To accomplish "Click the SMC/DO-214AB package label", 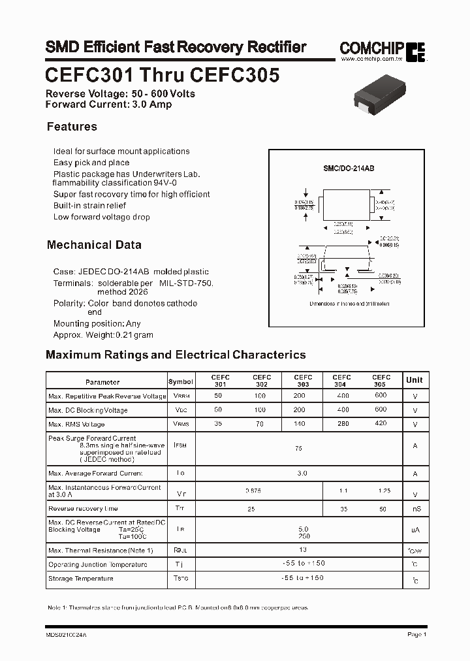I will (x=349, y=169).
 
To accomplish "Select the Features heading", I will (x=72, y=127).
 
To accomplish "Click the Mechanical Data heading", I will (x=94, y=245).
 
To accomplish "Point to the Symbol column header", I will (x=181, y=381).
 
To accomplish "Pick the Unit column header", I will (x=415, y=380).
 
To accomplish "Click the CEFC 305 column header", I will (x=381, y=381).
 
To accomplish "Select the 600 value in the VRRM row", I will (x=381, y=396).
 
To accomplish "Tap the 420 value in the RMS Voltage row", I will (x=381, y=425).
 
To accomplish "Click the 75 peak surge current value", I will (x=299, y=449).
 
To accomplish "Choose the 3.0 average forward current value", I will (x=302, y=474).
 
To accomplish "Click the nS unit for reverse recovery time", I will (x=415, y=509).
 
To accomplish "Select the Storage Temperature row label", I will (x=81, y=579).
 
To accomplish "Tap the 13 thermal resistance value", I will (x=302, y=550).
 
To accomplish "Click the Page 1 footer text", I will (x=416, y=635).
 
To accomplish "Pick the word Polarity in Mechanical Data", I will (x=68, y=304).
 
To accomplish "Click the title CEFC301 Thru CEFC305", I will (x=163, y=76).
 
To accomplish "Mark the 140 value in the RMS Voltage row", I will (x=300, y=425).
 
